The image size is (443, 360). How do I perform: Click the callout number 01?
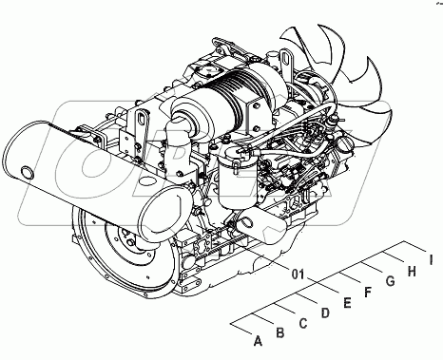[x=298, y=275]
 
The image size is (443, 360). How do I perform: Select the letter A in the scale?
[x=259, y=341]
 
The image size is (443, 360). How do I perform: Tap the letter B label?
[x=280, y=332]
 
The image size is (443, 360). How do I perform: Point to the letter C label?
[x=303, y=323]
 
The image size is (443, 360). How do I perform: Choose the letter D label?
[x=325, y=313]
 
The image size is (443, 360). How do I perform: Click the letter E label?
[x=347, y=303]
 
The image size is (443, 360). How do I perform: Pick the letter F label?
[x=368, y=292]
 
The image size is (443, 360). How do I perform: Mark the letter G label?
[x=390, y=281]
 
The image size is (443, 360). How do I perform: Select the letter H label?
[x=412, y=271]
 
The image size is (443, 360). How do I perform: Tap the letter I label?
[x=431, y=260]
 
